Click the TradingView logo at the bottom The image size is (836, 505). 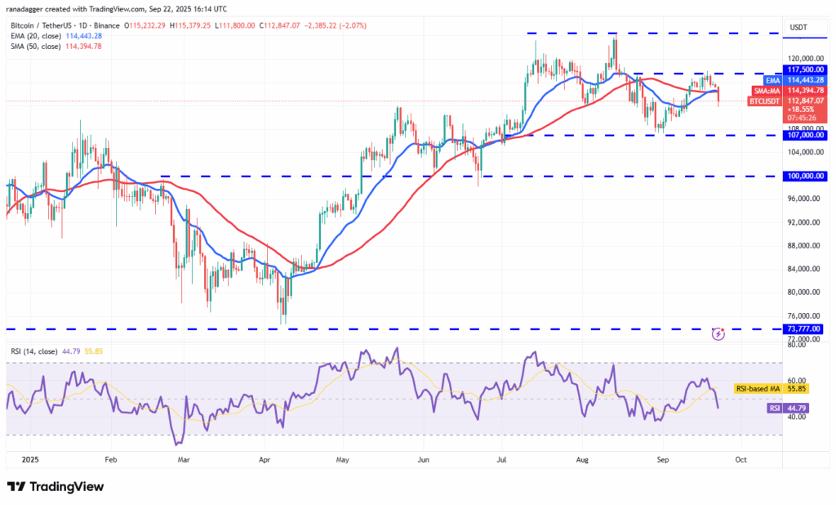(x=56, y=486)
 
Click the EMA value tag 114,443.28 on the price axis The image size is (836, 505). (x=806, y=80)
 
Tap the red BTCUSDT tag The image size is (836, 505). (x=764, y=101)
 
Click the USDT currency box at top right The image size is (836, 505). (x=798, y=27)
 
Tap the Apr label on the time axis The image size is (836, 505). (x=265, y=459)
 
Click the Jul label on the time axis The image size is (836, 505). (x=501, y=459)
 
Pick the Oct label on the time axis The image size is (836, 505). (x=740, y=459)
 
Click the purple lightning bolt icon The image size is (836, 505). (x=718, y=334)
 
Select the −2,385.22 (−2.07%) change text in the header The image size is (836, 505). (x=336, y=25)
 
